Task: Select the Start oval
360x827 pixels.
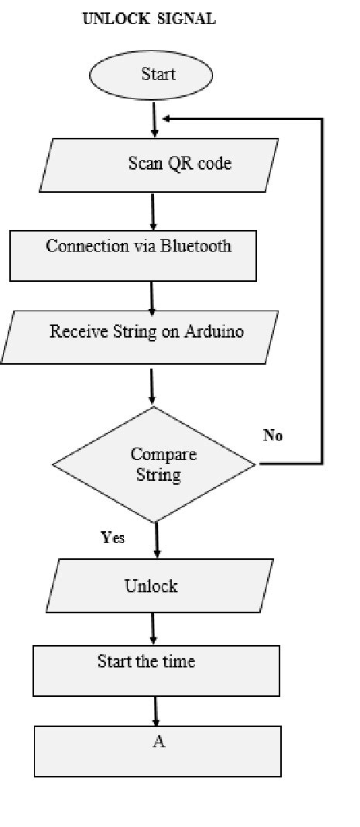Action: pyautogui.click(x=158, y=76)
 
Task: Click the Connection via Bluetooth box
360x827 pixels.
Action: pyautogui.click(x=132, y=255)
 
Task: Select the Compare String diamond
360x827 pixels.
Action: pyautogui.click(x=153, y=465)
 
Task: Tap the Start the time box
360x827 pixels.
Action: pyautogui.click(x=156, y=671)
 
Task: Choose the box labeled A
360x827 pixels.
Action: pyautogui.click(x=157, y=750)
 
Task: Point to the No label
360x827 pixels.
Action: pyautogui.click(x=273, y=435)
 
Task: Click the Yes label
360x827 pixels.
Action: pyautogui.click(x=113, y=537)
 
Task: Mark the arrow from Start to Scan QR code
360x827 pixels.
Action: pyautogui.click(x=156, y=120)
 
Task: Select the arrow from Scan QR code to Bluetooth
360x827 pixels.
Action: pyautogui.click(x=153, y=211)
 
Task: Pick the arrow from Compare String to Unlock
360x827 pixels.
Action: pyautogui.click(x=157, y=540)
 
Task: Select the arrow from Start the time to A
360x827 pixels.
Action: pyautogui.click(x=156, y=710)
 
